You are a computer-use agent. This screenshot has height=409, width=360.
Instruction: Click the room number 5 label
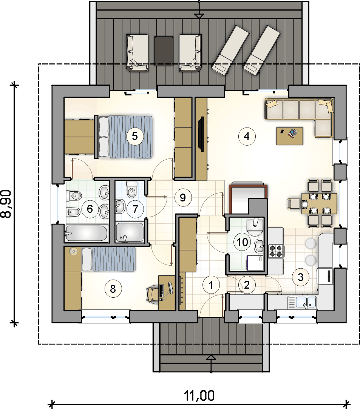click(x=135, y=136)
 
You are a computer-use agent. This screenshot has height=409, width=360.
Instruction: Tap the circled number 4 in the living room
click(x=247, y=136)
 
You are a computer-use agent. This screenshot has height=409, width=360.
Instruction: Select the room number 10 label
click(x=242, y=242)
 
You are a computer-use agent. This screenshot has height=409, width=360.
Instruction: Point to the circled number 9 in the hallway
click(x=183, y=197)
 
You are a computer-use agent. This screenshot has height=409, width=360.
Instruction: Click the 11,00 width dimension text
click(x=199, y=396)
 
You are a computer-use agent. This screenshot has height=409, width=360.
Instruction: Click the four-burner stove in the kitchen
click(x=276, y=251)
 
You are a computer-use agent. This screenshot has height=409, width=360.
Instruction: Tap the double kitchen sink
click(x=302, y=303)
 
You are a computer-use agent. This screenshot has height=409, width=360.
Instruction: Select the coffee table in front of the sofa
click(x=289, y=136)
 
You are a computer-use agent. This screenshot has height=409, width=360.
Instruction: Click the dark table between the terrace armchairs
click(x=164, y=51)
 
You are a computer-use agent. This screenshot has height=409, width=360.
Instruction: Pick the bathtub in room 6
click(x=86, y=233)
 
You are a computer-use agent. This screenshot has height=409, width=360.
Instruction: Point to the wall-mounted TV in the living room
click(x=201, y=134)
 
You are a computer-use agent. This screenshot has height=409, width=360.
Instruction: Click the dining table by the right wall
click(x=319, y=203)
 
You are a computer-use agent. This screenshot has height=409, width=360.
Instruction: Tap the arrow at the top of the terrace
click(x=199, y=15)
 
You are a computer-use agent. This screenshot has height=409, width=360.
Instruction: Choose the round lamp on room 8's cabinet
click(x=74, y=251)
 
